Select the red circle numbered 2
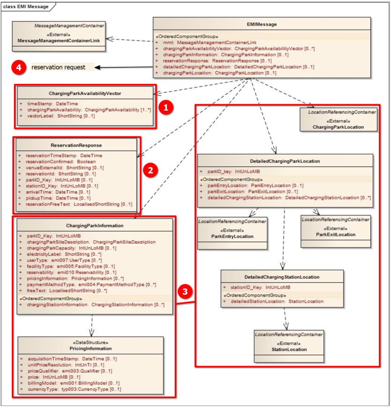coord(150,170)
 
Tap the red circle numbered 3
coord(185,292)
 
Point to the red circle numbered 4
coord(19,67)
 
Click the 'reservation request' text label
coord(59,67)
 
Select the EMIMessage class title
coord(262,25)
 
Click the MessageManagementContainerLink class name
coord(59,40)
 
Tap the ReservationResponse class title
coord(76,145)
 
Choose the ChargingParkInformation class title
coord(95,226)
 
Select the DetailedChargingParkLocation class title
coord(285,161)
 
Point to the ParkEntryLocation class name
coord(232,236)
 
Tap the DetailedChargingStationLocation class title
coord(282,277)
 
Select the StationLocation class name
coord(289,349)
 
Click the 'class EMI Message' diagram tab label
coord(26,6)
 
